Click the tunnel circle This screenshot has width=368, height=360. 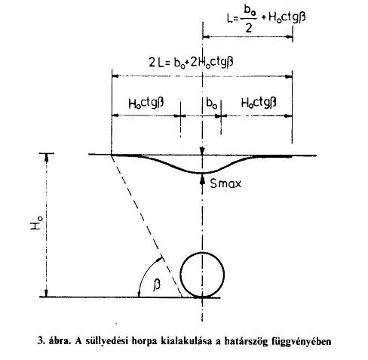pos(181,275)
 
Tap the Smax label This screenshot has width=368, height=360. pos(225,183)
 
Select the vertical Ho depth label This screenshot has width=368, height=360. pos(36,223)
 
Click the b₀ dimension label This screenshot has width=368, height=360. pos(211,103)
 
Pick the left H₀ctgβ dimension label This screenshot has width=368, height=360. pos(146,103)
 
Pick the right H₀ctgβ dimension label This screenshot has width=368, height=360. pos(259,103)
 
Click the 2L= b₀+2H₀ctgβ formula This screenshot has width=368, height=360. pos(191,62)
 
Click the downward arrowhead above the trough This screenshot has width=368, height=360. pos(202,151)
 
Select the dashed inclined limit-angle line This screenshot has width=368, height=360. pos(146,226)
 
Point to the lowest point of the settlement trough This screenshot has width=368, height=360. pos(202,173)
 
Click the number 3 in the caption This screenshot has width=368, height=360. pos(39,341)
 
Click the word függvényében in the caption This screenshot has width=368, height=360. pos(301,342)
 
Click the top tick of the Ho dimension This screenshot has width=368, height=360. pos(46,153)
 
